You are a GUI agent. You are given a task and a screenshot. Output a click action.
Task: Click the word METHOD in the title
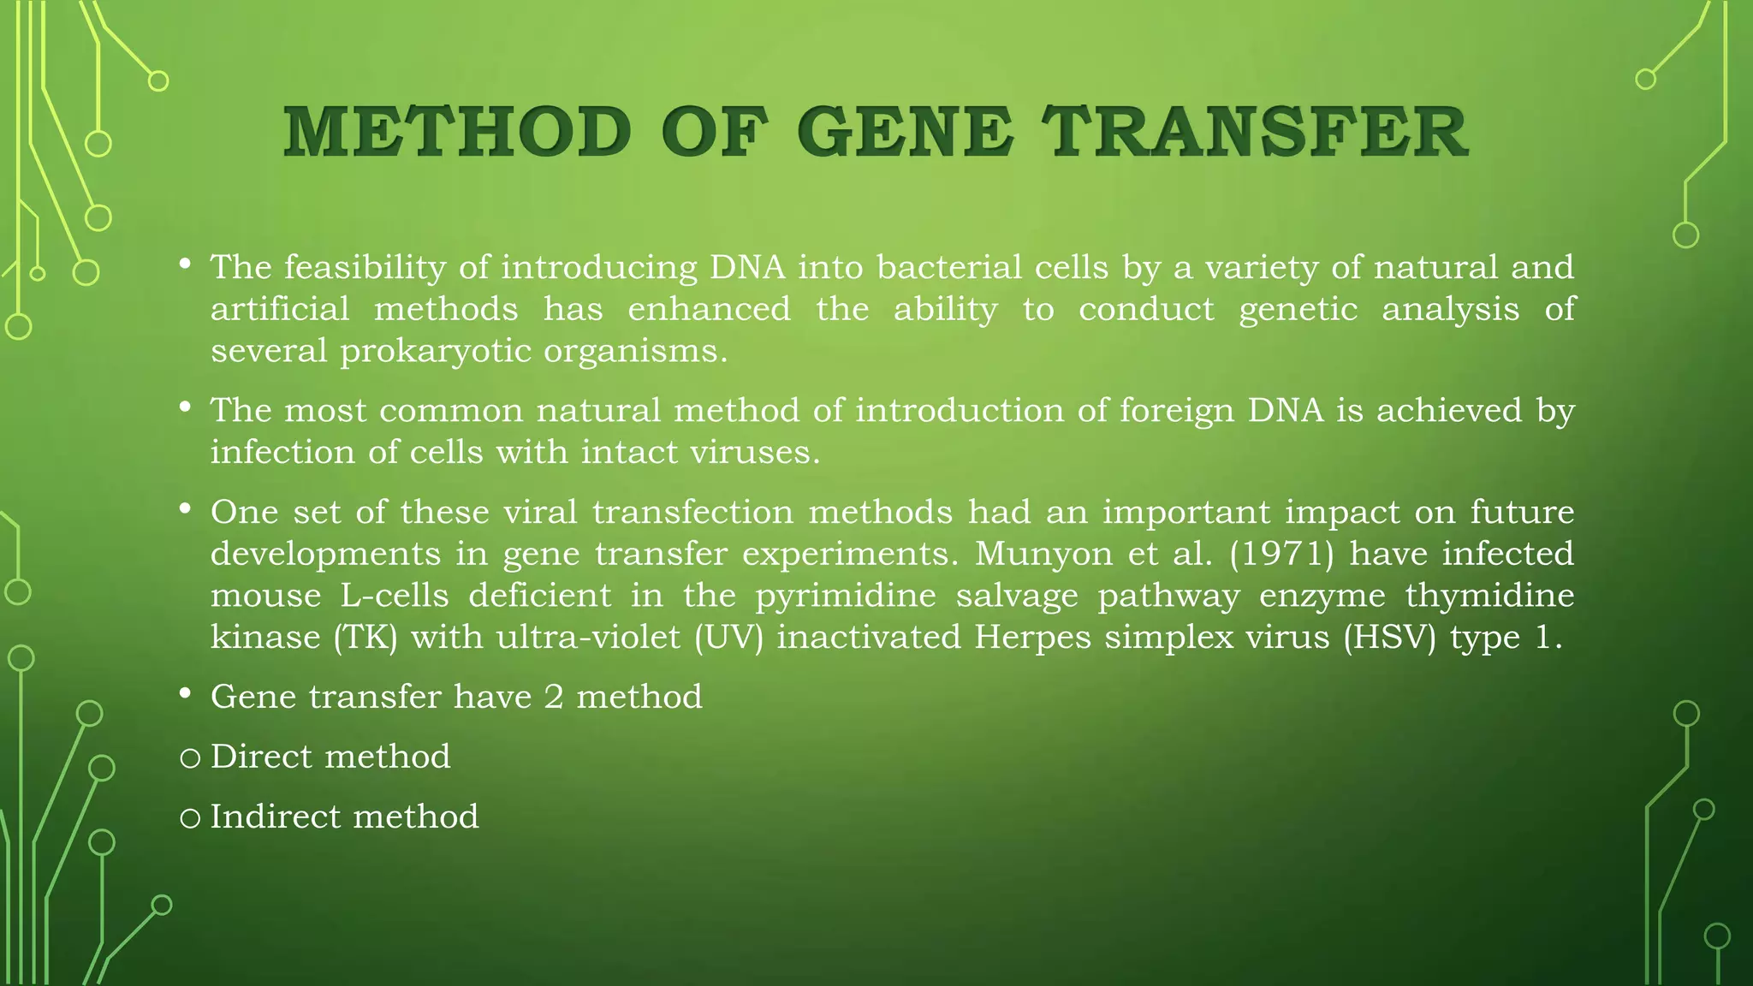457,133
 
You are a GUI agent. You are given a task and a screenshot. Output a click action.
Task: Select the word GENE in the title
905,133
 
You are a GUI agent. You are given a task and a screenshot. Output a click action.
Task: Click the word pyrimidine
845,596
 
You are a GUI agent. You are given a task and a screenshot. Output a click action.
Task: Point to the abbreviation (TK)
365,638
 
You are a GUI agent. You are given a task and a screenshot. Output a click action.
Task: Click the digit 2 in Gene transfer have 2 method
554,697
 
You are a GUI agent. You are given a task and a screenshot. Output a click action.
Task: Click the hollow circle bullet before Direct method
190,758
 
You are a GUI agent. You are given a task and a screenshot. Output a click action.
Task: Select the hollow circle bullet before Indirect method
190,818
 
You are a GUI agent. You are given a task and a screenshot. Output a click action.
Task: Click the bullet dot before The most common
185,408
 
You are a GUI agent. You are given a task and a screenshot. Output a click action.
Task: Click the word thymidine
1489,596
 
